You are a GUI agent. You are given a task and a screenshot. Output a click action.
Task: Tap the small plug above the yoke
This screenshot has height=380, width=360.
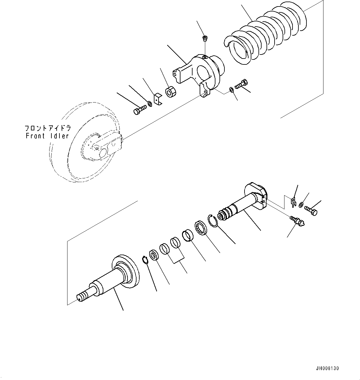tap(204, 39)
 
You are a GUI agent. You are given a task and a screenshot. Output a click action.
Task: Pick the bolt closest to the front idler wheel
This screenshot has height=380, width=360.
tap(140, 110)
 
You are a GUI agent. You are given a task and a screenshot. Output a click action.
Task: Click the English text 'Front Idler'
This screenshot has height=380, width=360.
tap(47, 136)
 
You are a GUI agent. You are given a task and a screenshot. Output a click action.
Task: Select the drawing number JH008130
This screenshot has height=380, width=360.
tap(327, 368)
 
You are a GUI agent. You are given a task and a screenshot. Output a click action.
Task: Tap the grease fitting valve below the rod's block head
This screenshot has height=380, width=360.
tap(297, 221)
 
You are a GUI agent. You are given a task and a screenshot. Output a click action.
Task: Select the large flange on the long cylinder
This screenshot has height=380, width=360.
tap(125, 269)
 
